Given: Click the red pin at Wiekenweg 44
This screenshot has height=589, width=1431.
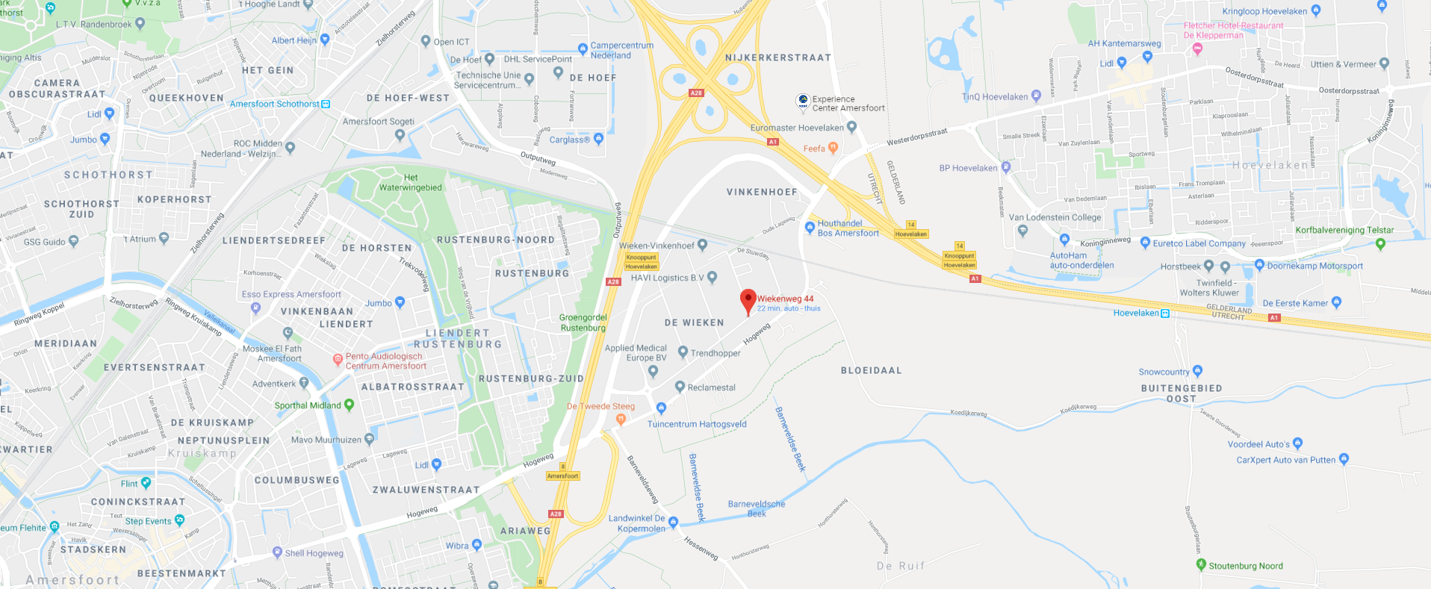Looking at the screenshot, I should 748,300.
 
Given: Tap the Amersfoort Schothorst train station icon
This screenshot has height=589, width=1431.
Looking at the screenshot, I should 326,104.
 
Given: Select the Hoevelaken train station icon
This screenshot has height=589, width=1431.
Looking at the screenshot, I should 1164,313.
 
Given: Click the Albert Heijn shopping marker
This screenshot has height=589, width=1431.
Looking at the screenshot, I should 325,40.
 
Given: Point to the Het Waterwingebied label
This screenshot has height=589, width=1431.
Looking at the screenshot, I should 410,183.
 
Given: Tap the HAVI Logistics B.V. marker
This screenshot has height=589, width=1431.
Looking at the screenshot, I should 712,277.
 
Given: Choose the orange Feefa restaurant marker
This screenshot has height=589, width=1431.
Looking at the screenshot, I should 834,148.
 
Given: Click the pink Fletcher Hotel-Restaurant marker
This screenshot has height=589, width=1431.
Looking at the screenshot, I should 1198,49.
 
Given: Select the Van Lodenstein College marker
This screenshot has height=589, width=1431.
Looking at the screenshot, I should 1022,230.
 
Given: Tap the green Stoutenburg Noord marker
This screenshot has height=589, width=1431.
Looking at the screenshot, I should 1201,564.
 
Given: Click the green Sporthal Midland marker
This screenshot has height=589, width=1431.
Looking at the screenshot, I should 349,405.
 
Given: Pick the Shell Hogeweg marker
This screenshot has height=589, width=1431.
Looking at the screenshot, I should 277,552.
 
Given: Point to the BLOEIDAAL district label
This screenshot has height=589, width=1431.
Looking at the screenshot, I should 871,370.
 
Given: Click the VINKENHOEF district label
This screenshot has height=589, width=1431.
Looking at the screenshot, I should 762,192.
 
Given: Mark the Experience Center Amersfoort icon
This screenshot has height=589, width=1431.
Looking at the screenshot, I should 803,101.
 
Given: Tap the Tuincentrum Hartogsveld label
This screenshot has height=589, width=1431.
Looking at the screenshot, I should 697,424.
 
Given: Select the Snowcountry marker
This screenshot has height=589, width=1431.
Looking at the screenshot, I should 1198,370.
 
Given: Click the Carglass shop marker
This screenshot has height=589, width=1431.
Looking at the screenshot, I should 598,139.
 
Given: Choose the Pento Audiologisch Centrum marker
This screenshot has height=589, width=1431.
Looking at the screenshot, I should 337,359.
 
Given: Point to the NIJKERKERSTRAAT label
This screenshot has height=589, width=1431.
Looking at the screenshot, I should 777,57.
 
